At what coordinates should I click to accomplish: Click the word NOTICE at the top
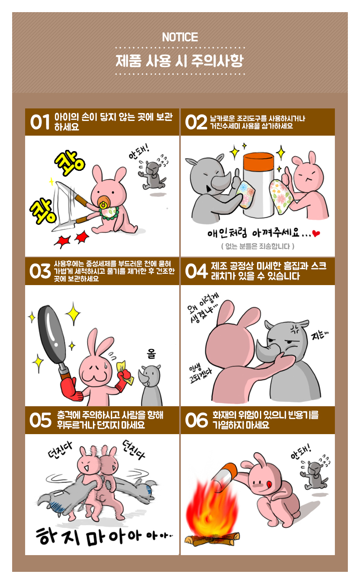[x=180, y=37]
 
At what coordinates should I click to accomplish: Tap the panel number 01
[x=40, y=122]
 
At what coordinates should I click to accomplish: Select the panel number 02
[x=196, y=122]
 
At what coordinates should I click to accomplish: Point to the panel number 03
[x=40, y=271]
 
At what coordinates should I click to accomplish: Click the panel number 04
[x=196, y=271]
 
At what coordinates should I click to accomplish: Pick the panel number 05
[x=41, y=420]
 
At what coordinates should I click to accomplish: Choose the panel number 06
[x=196, y=420]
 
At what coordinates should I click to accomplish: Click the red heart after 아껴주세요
[x=316, y=234]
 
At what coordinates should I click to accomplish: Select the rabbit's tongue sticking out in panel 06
[x=269, y=484]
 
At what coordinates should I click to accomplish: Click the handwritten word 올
[x=152, y=354]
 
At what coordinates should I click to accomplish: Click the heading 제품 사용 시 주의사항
[x=180, y=61]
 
